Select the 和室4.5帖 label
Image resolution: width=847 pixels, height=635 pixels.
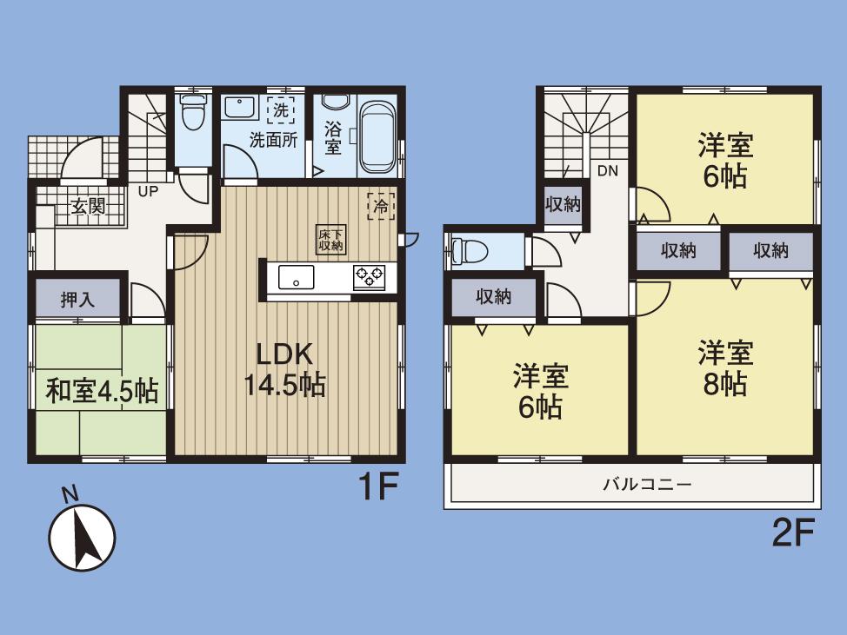point(102,390)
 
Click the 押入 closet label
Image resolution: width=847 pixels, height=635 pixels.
point(77,300)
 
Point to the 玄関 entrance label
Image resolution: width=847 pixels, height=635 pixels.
point(87,207)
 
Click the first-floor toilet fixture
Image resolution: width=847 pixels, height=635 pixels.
point(191,111)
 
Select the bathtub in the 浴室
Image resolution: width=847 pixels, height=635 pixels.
point(377,136)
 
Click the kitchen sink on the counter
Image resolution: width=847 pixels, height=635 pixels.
point(297,278)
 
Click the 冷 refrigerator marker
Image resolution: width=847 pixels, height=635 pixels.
point(381,207)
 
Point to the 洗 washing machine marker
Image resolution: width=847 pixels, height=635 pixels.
point(280,110)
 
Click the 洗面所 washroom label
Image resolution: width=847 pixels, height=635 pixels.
point(274,140)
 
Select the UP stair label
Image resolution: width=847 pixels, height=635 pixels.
point(148,192)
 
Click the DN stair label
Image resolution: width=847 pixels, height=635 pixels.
point(607,171)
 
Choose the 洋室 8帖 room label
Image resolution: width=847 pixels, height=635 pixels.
point(724,368)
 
